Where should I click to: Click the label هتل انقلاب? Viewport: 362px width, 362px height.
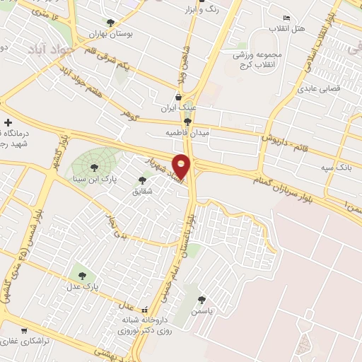[x=292, y=28]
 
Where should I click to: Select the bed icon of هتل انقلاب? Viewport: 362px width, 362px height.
[x=286, y=18]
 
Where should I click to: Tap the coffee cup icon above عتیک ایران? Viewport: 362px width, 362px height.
[x=178, y=98]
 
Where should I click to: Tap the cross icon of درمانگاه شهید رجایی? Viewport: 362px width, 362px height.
[x=7, y=123]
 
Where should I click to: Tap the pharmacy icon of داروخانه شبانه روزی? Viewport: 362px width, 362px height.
[x=146, y=309]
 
